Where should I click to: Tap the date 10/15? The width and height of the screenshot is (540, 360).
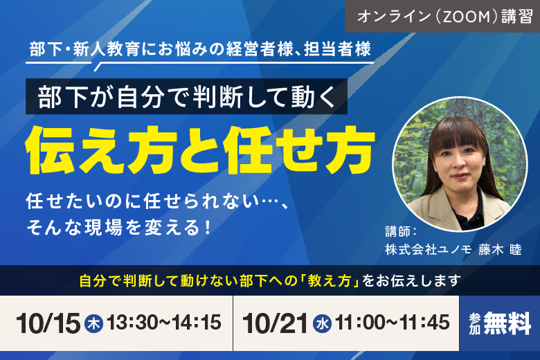coord(48,323)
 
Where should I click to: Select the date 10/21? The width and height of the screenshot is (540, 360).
coord(275,323)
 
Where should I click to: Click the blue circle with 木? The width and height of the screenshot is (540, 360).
coord(93,324)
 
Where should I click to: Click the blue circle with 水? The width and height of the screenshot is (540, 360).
coord(323,324)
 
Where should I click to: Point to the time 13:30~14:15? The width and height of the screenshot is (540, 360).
coord(164,323)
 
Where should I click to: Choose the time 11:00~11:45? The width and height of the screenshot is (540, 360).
coord(393,323)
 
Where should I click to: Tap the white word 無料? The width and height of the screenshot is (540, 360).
coord(507,323)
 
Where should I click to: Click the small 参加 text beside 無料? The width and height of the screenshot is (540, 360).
coord(474,324)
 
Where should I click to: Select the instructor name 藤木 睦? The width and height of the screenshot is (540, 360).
coord(500,249)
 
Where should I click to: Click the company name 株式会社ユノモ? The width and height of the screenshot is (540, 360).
coord(429,249)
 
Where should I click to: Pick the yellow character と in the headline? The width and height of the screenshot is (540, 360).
coord(199,150)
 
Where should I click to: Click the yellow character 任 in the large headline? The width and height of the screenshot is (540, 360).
coord(248,150)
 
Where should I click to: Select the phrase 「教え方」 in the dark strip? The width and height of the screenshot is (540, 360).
coord(330,281)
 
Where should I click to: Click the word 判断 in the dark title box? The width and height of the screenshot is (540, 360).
coord(218,97)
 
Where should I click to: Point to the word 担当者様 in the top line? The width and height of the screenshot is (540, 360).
coord(337,48)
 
